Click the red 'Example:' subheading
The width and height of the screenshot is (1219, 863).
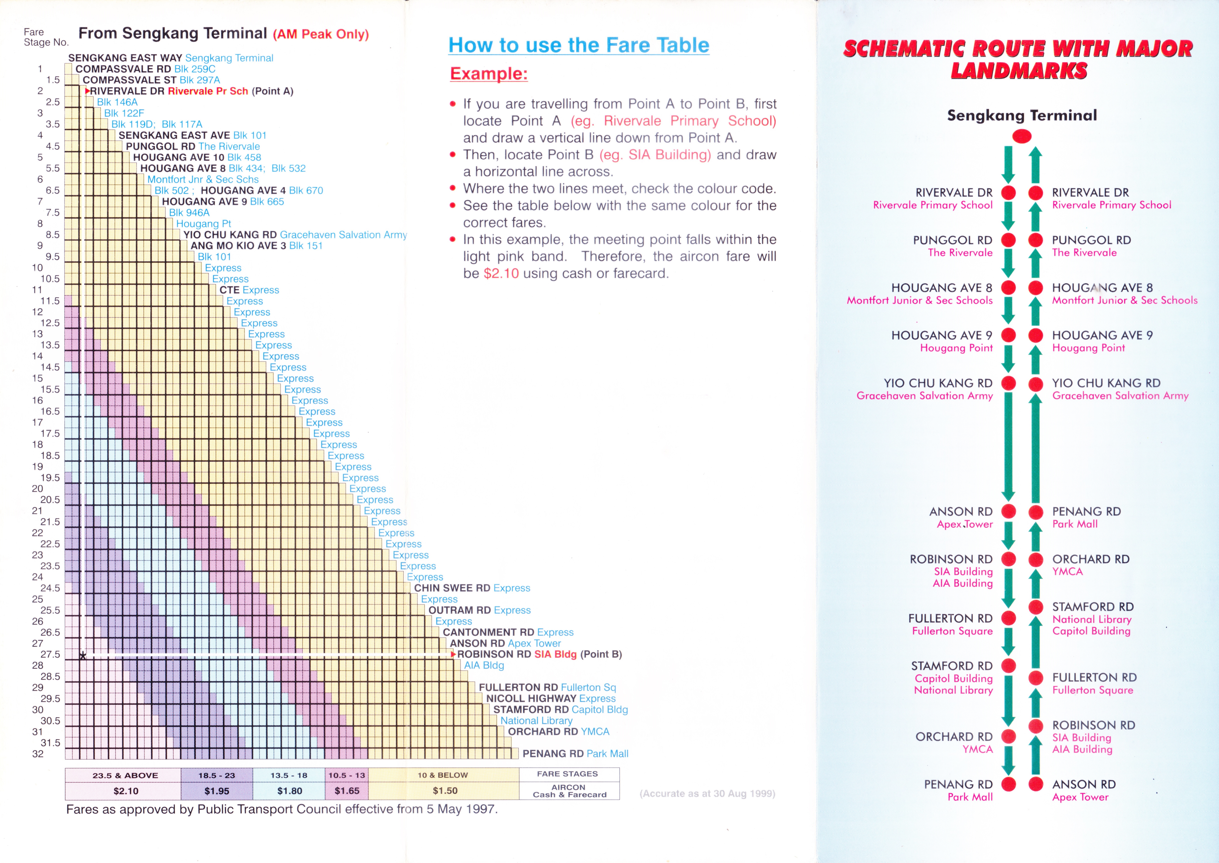pos(489,73)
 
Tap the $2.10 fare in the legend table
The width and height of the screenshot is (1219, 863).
pos(126,791)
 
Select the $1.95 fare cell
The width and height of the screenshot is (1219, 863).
pos(217,791)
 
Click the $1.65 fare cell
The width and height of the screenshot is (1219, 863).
pos(347,791)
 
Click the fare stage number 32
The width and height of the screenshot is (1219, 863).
pos(38,754)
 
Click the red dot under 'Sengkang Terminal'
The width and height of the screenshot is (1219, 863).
pos(1021,137)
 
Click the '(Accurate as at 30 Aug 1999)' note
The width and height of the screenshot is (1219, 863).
pos(707,793)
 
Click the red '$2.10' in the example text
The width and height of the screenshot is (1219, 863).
pos(501,274)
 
